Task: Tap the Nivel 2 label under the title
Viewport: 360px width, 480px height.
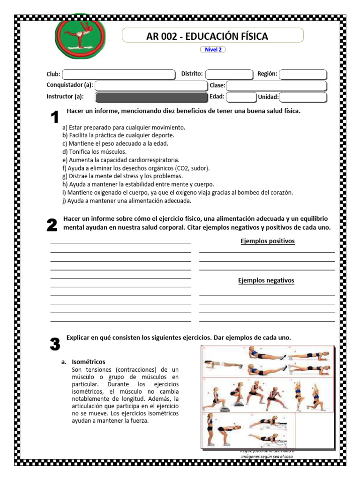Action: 213,50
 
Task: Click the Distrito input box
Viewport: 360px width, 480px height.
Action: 229,75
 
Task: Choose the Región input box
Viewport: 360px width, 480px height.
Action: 303,75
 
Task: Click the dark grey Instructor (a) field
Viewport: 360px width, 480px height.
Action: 151,97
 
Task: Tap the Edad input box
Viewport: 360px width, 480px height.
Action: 240,97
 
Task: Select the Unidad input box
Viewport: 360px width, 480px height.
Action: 303,97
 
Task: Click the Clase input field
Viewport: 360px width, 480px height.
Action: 276,86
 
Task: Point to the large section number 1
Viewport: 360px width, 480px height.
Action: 55,118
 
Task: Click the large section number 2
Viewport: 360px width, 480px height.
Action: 52,225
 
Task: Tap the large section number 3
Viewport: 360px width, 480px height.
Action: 55,345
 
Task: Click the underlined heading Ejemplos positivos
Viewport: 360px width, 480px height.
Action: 267,241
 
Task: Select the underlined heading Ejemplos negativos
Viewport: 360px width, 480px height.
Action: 266,280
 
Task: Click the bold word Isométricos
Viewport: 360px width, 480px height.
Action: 89,362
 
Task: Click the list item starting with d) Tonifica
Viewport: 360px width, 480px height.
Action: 94,151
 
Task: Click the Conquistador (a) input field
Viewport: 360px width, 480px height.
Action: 151,86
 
